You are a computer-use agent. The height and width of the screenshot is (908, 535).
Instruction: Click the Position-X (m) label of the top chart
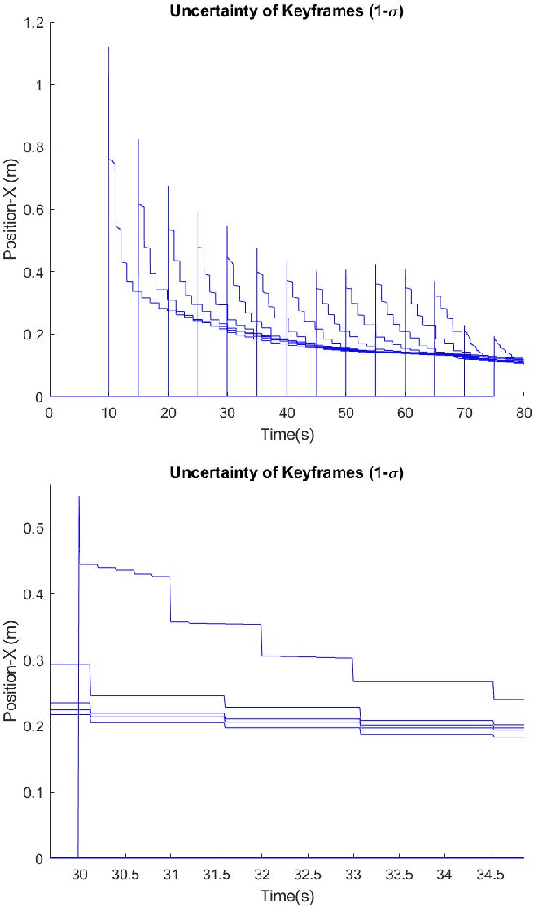(11, 210)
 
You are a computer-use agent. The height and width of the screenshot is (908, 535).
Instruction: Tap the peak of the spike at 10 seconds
(108, 47)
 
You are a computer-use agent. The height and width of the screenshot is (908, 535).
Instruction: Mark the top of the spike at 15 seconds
(138, 139)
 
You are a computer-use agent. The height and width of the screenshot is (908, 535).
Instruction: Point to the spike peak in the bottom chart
(79, 496)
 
